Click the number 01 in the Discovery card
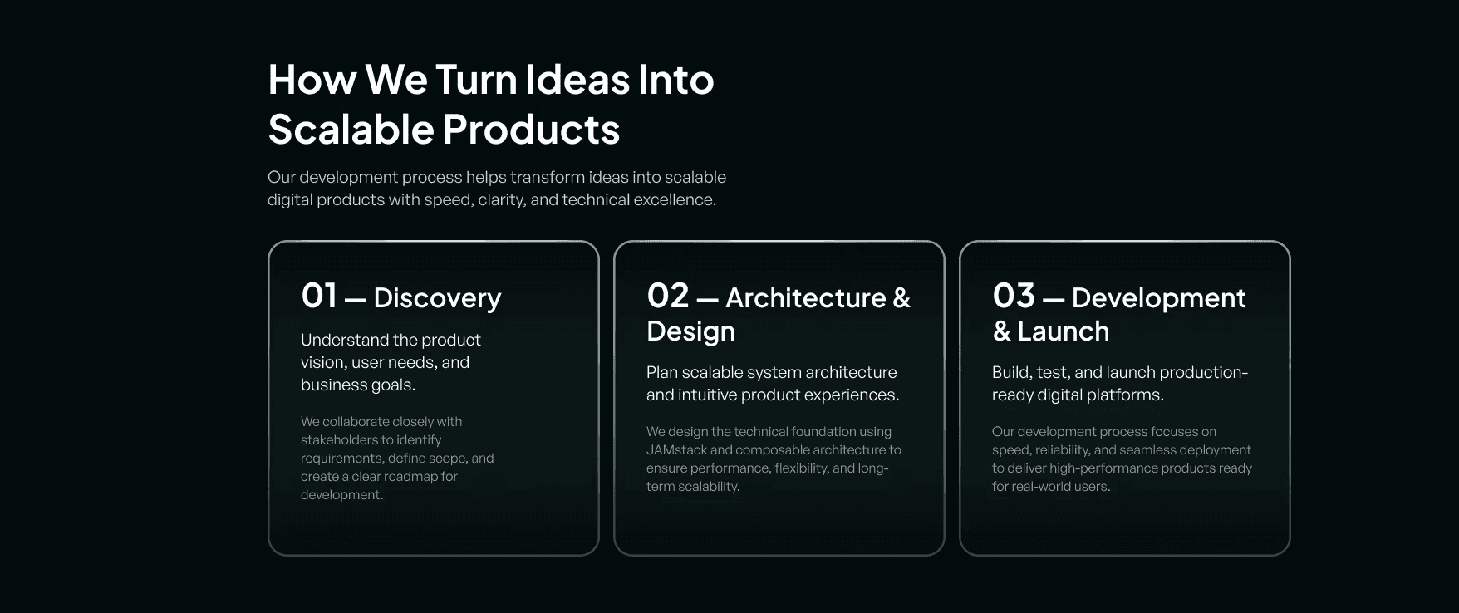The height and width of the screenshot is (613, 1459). point(319,297)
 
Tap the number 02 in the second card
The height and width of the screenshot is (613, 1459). point(668,297)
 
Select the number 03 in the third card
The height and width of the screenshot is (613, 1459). point(1014,297)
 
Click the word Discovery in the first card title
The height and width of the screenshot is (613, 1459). point(437,298)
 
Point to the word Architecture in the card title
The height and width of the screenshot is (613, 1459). point(806,298)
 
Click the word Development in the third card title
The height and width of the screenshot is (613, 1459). point(1158,298)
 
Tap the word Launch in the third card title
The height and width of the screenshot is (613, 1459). point(1064,331)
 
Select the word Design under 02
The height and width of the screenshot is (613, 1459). point(690,332)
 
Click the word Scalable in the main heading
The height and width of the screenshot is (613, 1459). point(351,130)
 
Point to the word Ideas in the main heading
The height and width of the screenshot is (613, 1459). point(577,80)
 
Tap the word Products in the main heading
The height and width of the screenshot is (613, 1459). point(531,130)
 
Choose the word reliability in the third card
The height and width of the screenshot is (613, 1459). point(1063,450)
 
